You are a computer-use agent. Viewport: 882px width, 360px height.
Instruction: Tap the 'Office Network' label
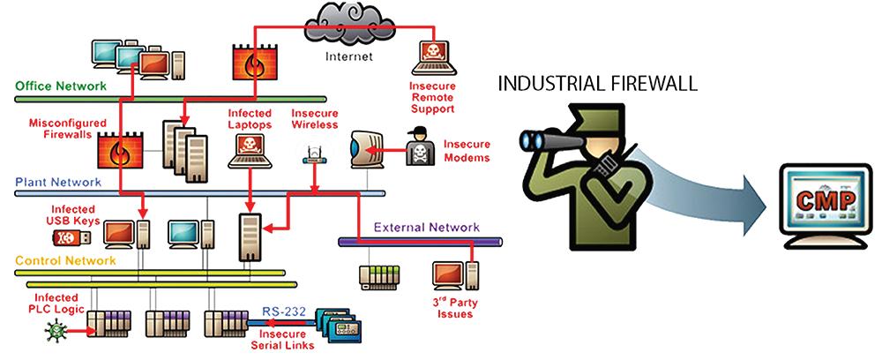pyautogui.click(x=61, y=86)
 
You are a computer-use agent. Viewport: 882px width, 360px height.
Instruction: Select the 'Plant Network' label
pyautogui.click(x=58, y=183)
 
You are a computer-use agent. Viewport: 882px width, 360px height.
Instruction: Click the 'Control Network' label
pyautogui.click(x=65, y=261)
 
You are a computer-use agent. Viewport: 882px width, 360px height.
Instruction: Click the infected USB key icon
pyautogui.click(x=71, y=237)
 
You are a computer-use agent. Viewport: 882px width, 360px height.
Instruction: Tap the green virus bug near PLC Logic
pyautogui.click(x=56, y=331)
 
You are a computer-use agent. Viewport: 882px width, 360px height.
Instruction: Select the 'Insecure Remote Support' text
pyautogui.click(x=432, y=97)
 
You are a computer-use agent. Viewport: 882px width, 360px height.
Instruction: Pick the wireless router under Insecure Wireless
pyautogui.click(x=315, y=156)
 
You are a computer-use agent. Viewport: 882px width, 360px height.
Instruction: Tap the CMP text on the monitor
pyautogui.click(x=826, y=199)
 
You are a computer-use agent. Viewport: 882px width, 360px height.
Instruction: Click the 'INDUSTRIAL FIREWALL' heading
pyautogui.click(x=598, y=84)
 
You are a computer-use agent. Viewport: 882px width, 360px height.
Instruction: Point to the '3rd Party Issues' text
pyautogui.click(x=457, y=308)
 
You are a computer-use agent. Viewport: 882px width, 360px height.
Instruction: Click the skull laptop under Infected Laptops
pyautogui.click(x=250, y=151)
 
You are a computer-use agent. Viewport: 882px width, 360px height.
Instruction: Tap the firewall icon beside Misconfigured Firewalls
pyautogui.click(x=120, y=150)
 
